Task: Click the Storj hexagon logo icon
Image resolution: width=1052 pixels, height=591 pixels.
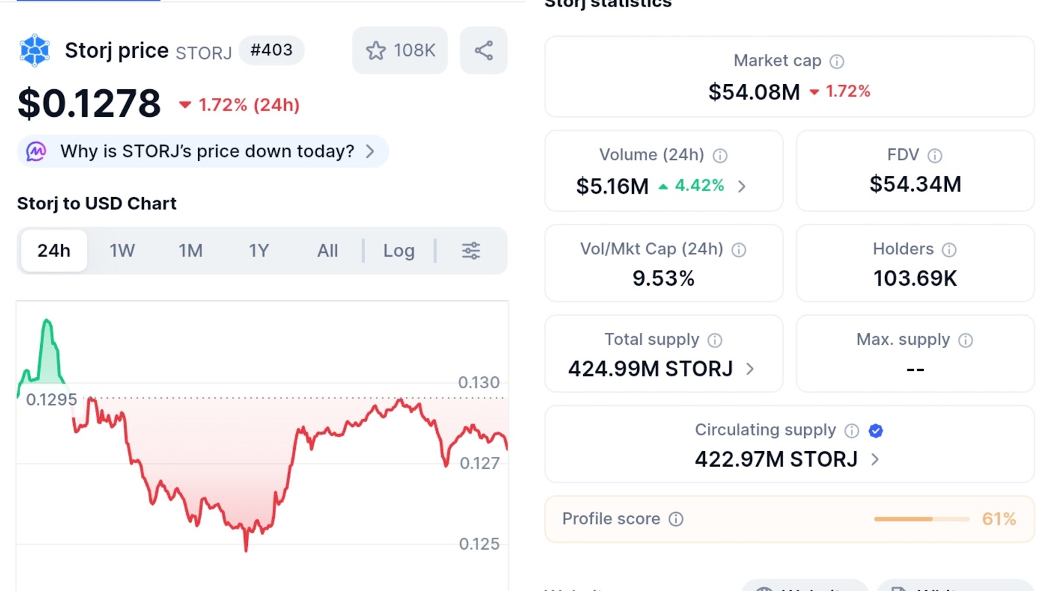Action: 35,51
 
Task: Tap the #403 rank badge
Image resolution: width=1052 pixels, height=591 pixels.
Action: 271,50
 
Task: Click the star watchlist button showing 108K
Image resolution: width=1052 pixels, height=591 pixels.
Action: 400,51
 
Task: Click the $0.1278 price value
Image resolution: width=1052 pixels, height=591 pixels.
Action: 89,104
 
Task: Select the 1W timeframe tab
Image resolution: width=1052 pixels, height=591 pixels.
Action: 122,251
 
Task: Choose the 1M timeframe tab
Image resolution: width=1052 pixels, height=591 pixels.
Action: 191,251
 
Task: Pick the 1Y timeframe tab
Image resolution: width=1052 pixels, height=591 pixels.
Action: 258,251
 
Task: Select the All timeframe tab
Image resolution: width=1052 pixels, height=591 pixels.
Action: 327,251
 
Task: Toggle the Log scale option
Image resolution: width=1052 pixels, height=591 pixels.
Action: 398,251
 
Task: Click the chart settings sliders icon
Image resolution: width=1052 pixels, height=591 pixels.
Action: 471,251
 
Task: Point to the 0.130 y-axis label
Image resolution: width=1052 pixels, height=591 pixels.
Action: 479,382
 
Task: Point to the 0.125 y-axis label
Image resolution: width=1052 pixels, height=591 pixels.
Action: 479,544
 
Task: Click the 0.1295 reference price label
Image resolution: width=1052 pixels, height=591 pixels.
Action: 51,399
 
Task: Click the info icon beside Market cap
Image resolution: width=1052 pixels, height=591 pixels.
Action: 836,62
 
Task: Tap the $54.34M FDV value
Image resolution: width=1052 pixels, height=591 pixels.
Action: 915,185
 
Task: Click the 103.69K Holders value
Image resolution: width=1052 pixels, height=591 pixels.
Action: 915,278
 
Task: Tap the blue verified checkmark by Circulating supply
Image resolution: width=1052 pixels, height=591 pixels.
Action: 875,431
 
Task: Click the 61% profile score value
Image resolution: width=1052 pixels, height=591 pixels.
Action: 999,519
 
